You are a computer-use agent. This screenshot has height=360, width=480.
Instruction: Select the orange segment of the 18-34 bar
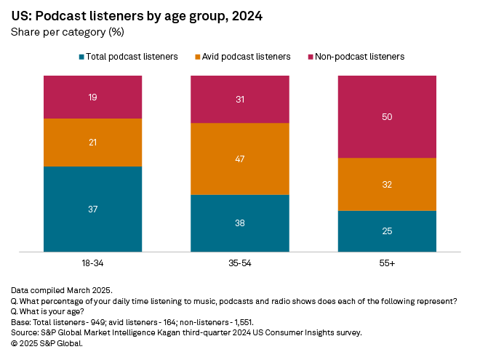click(x=92, y=143)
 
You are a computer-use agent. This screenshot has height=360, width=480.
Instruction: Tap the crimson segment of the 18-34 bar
click(x=92, y=97)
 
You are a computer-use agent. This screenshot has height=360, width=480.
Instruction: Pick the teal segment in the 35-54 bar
click(x=240, y=223)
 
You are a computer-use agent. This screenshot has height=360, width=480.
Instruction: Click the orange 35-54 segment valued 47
click(x=240, y=159)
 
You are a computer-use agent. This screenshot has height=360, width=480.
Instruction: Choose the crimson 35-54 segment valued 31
click(x=240, y=99)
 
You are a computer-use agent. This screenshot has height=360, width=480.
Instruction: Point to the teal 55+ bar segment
click(x=387, y=231)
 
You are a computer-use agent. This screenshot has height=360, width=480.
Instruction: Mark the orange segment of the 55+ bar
click(x=387, y=184)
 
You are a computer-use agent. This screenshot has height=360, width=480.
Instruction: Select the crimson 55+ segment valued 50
click(x=387, y=116)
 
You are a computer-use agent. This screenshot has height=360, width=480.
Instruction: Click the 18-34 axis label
click(x=92, y=262)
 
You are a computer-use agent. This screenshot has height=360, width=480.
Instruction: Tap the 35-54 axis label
click(x=240, y=262)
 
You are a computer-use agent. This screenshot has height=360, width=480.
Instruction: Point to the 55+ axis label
click(x=387, y=262)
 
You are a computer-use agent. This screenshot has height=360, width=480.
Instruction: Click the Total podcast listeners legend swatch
click(x=81, y=57)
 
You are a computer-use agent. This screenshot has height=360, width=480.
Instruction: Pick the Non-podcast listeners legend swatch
click(x=311, y=57)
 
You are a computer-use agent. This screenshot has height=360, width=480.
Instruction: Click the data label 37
click(x=92, y=209)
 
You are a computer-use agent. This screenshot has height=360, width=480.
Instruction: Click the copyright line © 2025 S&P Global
click(x=47, y=343)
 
